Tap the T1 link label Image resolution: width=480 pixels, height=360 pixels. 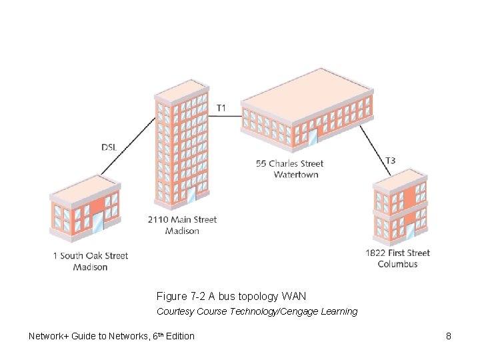click(221, 107)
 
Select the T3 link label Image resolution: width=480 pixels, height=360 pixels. click(391, 160)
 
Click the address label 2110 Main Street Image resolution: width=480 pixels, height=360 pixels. click(182, 219)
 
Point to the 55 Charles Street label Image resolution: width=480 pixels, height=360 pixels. click(289, 163)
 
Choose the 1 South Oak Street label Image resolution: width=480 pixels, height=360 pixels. click(90, 255)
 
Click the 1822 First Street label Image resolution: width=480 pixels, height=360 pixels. click(397, 253)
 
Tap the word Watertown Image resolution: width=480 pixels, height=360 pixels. click(296, 175)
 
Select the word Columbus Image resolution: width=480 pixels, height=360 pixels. click(397, 264)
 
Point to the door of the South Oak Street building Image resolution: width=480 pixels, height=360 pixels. click(99, 223)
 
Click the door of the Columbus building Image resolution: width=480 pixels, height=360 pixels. click(410, 230)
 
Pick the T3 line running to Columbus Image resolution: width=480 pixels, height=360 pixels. click(375, 151)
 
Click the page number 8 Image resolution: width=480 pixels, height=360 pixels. click(449, 336)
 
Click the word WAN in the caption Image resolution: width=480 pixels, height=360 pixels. click(294, 296)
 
